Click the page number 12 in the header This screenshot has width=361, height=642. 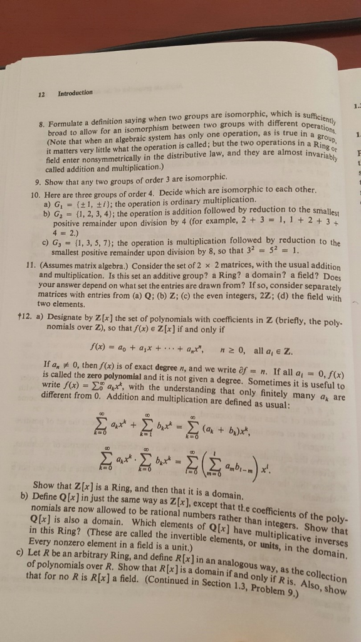(41, 94)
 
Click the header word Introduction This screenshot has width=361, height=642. (75, 93)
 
